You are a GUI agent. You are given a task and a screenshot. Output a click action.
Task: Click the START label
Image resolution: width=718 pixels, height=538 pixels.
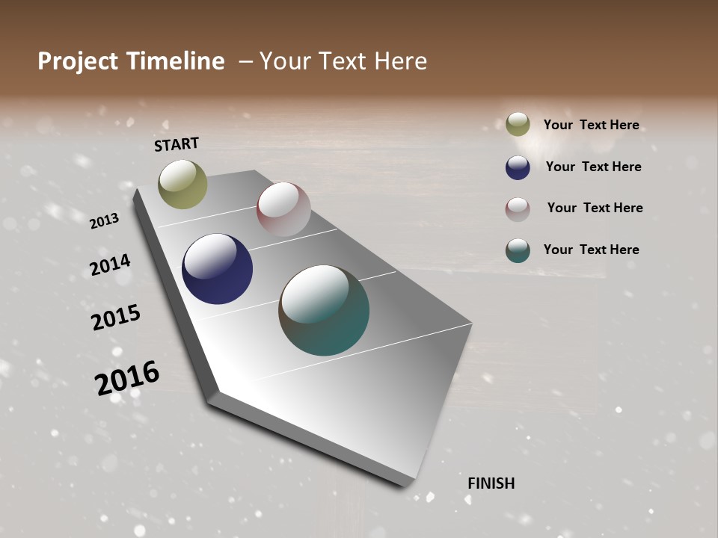tap(177, 144)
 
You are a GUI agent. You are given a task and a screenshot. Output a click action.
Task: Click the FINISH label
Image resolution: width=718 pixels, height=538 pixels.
tap(491, 483)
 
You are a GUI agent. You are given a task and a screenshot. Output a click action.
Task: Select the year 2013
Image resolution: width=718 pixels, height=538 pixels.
tap(105, 220)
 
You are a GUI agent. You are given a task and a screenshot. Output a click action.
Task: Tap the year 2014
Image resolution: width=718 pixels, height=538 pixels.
tap(110, 265)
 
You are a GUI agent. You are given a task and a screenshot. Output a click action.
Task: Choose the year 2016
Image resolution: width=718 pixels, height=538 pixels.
tap(127, 377)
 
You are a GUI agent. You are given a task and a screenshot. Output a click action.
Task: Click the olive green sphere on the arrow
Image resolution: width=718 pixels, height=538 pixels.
tap(182, 184)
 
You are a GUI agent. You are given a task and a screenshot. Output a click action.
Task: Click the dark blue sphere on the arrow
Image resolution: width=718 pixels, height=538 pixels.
tap(217, 269)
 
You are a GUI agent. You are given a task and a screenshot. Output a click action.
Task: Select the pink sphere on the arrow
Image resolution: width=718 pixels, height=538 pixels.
tap(283, 208)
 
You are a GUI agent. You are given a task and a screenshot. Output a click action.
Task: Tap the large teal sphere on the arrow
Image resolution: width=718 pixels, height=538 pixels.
tap(324, 310)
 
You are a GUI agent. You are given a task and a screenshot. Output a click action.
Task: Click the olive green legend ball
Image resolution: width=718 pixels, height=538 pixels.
tap(518, 124)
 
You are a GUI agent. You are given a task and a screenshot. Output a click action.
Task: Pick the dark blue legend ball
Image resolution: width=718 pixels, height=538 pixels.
tap(518, 167)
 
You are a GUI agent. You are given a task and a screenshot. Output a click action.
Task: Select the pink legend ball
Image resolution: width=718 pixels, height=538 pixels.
tap(518, 208)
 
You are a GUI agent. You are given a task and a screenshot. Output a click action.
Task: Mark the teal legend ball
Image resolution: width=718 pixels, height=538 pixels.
tap(518, 250)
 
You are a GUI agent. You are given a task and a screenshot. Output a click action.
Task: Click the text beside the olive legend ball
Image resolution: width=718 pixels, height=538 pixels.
tap(591, 125)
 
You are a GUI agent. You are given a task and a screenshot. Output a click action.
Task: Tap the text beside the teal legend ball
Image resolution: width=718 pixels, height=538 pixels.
tap(591, 250)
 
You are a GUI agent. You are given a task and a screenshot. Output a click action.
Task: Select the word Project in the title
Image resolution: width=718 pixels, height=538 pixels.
tap(77, 61)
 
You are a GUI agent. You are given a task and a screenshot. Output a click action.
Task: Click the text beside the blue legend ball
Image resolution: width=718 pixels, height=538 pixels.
tap(593, 167)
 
